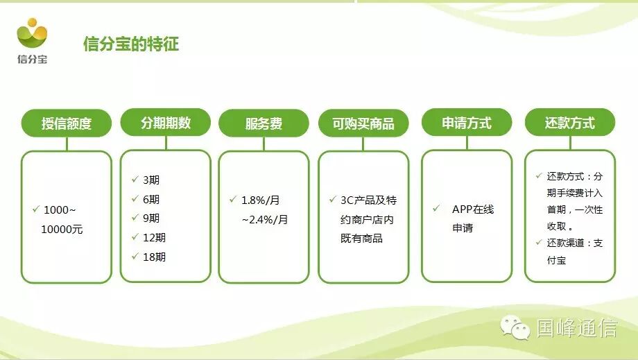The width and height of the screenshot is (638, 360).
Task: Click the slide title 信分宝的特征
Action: click(x=131, y=44)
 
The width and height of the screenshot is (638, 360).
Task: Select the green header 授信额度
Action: click(x=67, y=123)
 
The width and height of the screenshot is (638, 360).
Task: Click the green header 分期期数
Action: click(x=166, y=123)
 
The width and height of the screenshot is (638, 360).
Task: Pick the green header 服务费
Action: click(x=264, y=123)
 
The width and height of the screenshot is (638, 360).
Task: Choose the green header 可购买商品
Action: click(x=363, y=123)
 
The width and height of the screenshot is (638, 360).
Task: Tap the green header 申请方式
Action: click(x=467, y=123)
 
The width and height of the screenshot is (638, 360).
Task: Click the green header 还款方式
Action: click(x=570, y=123)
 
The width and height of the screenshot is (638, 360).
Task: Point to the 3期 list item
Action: click(x=151, y=180)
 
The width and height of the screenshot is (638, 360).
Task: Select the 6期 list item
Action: click(x=151, y=199)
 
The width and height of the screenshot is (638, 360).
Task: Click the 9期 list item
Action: click(x=151, y=218)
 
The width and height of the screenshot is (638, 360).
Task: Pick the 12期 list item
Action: click(x=154, y=237)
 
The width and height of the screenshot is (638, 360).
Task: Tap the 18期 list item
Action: click(x=154, y=257)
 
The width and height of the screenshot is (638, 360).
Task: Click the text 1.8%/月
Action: click(x=260, y=200)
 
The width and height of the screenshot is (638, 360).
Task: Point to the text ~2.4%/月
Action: click(x=264, y=219)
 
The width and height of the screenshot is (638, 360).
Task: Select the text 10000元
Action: click(x=63, y=229)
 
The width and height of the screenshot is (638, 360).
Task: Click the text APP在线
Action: click(x=473, y=209)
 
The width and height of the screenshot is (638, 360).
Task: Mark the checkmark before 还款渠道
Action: click(x=539, y=242)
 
